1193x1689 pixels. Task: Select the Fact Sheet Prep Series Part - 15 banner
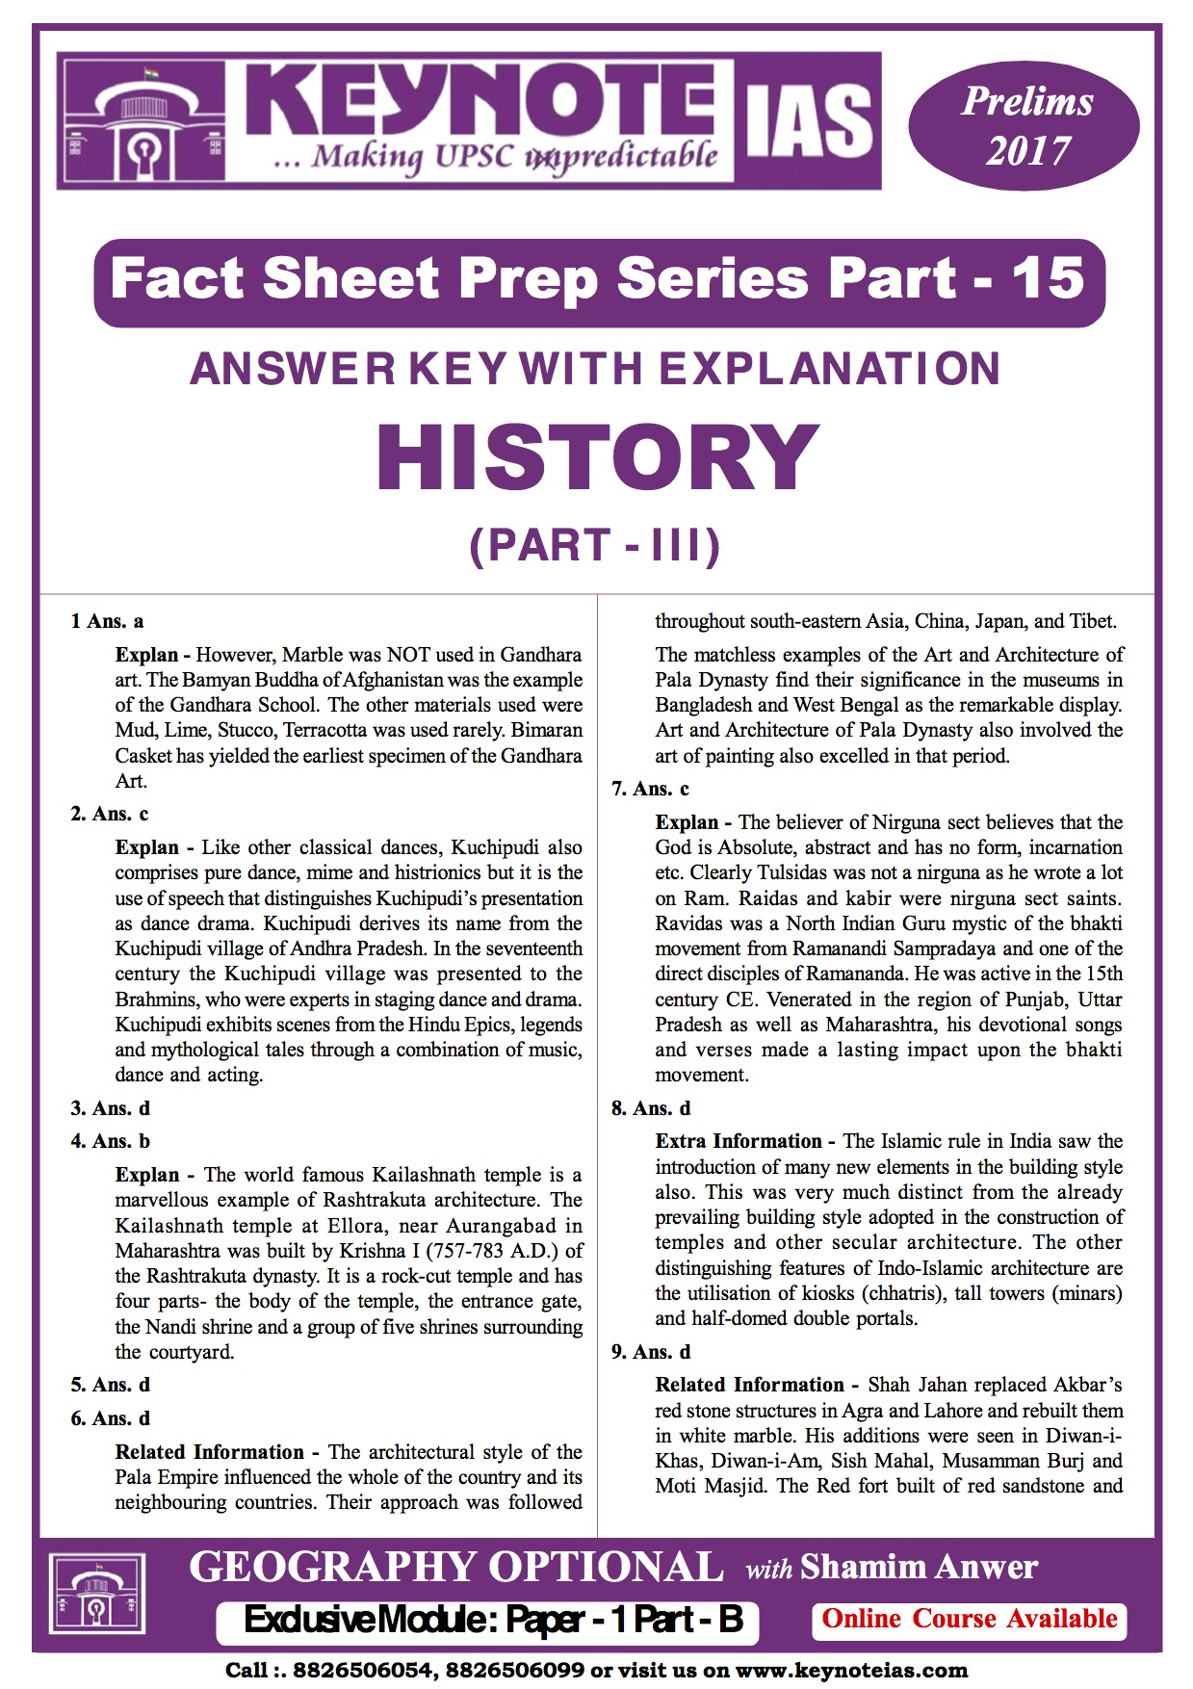click(x=598, y=280)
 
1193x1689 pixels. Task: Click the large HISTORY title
click(x=597, y=457)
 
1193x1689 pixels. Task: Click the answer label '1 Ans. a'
click(x=107, y=621)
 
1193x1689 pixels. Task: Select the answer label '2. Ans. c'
click(x=109, y=814)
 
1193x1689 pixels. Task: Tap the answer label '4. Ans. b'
click(x=110, y=1141)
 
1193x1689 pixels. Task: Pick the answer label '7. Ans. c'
click(x=650, y=789)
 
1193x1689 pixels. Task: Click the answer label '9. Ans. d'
click(x=651, y=1352)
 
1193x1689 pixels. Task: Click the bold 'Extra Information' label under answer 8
click(x=739, y=1141)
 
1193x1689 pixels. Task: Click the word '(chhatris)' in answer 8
click(x=898, y=1293)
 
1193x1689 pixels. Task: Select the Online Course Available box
click(x=969, y=1619)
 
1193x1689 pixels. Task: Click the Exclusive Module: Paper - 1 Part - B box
click(x=492, y=1621)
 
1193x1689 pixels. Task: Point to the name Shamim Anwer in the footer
click(x=919, y=1568)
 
